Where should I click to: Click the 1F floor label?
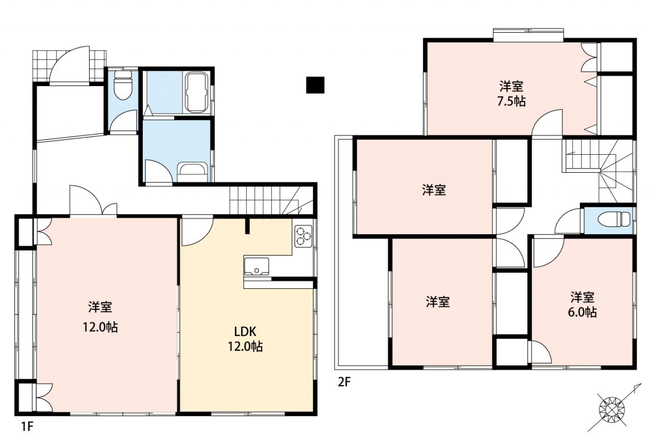tap(27, 426)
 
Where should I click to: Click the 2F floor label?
tap(344, 382)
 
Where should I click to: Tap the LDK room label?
tap(245, 331)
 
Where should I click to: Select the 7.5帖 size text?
tap(511, 101)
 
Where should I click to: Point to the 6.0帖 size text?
tap(582, 313)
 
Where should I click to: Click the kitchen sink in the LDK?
tap(256, 266)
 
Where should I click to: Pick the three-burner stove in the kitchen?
tap(303, 236)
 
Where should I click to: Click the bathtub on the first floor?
tap(197, 93)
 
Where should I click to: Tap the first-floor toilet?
tap(123, 85)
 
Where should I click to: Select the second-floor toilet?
tap(614, 219)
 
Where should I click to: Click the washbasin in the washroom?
tap(192, 172)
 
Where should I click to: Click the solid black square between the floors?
tap(315, 85)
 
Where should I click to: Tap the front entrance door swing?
tap(70, 65)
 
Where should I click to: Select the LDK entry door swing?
tap(198, 231)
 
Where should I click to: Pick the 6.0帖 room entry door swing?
tap(549, 252)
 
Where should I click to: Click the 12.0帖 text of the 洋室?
tap(100, 327)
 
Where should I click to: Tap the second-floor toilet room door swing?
tap(568, 221)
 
